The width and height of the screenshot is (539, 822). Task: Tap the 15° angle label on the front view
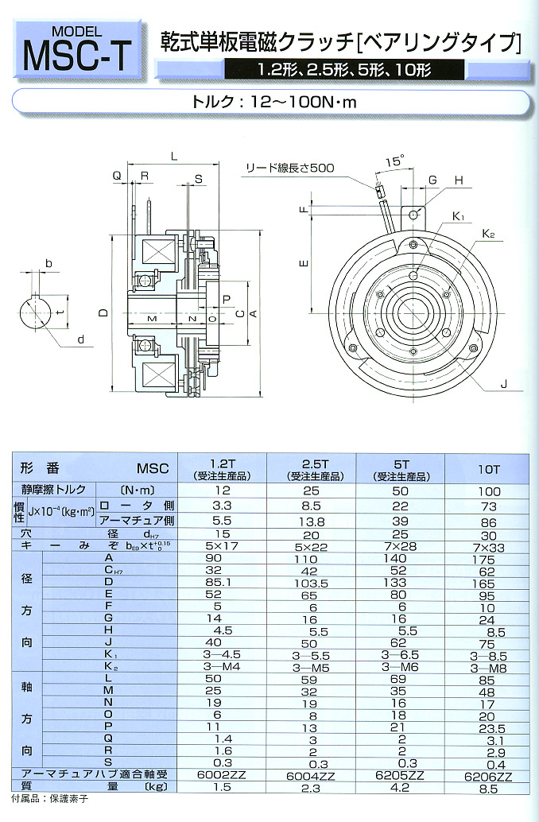(x=393, y=162)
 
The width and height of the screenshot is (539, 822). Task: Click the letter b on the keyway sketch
(x=49, y=263)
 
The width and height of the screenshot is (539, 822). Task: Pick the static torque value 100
(x=489, y=491)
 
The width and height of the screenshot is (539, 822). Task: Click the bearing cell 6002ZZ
(x=222, y=774)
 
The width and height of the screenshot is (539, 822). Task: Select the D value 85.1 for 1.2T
(x=222, y=583)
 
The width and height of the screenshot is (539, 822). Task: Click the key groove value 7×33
(x=489, y=548)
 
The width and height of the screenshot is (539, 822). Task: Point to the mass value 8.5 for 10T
(x=489, y=789)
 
